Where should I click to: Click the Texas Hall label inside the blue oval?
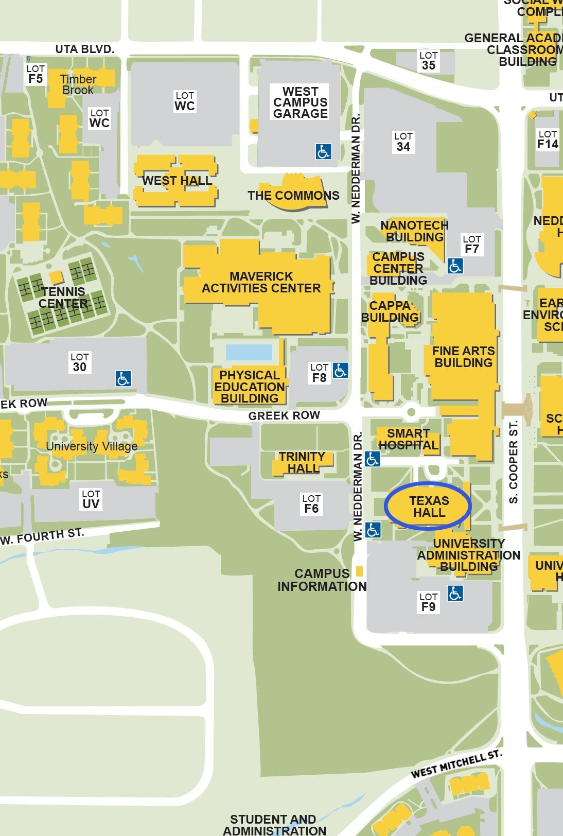point(429,507)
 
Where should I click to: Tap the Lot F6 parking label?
point(311,504)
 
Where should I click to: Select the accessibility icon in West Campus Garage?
point(323,151)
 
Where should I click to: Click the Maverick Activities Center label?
point(261,282)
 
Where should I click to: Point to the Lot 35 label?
point(428,61)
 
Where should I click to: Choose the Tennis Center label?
point(63,298)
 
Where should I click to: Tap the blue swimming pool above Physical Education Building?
point(249,352)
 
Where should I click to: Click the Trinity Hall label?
point(302,462)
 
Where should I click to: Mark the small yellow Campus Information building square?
point(359,571)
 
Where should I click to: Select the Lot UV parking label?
point(91,499)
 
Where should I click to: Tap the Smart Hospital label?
point(408,439)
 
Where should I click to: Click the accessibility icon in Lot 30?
point(123,378)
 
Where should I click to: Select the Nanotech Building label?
point(415,231)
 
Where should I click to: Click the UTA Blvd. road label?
point(84,49)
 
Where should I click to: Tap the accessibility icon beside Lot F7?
point(455,266)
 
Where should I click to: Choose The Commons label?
point(293,196)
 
